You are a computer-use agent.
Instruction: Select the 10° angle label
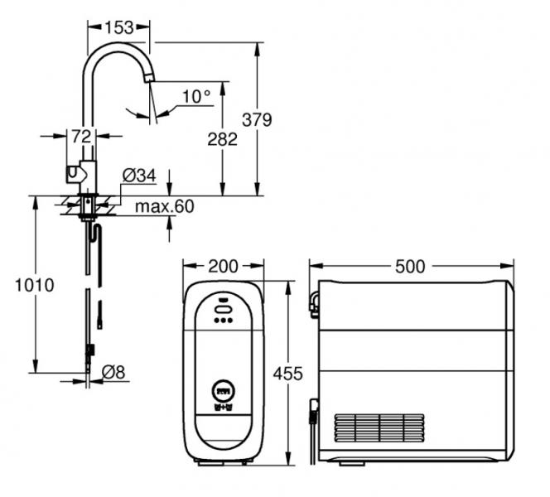(x=196, y=97)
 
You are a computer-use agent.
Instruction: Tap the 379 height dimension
(x=257, y=119)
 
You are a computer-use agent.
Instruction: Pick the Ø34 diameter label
(x=138, y=175)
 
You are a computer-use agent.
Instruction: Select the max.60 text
(x=166, y=206)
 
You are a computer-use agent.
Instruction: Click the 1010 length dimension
(x=35, y=286)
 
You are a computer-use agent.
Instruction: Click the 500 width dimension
(x=410, y=266)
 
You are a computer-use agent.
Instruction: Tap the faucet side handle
(x=73, y=174)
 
